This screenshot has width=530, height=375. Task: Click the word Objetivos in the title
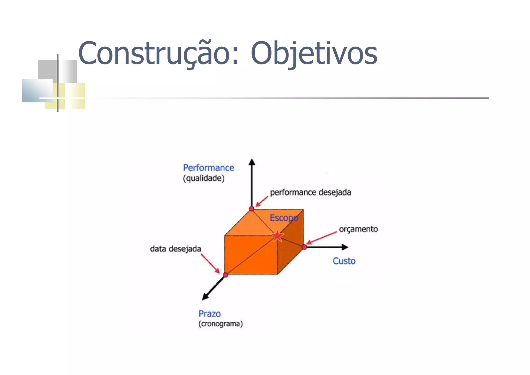coord(314,54)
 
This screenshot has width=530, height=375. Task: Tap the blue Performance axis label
coord(208,168)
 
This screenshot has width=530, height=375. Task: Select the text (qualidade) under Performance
coord(204,178)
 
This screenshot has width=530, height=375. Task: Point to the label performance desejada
coord(310,192)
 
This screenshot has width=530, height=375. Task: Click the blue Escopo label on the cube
coord(284,218)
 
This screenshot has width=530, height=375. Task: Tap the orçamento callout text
coord(358,229)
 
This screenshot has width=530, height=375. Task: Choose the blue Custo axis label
coord(344,261)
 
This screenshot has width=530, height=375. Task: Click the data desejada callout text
coord(175,249)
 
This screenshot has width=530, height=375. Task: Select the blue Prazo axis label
coord(209,314)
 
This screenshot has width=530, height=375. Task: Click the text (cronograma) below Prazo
coord(220,324)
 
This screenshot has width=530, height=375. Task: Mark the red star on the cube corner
coord(277,236)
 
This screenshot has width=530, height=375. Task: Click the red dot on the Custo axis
coord(304,247)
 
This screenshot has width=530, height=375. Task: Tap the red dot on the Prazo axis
coord(225,275)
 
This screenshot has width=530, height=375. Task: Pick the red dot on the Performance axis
coord(252,209)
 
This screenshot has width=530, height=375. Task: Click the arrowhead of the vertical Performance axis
coord(252,162)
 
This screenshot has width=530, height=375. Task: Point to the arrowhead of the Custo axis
coord(345,247)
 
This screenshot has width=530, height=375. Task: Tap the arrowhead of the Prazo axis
coord(205,297)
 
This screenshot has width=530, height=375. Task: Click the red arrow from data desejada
coord(210,264)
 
